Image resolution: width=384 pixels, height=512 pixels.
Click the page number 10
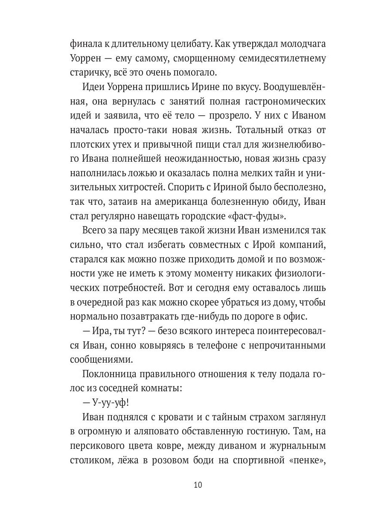pos(198,485)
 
